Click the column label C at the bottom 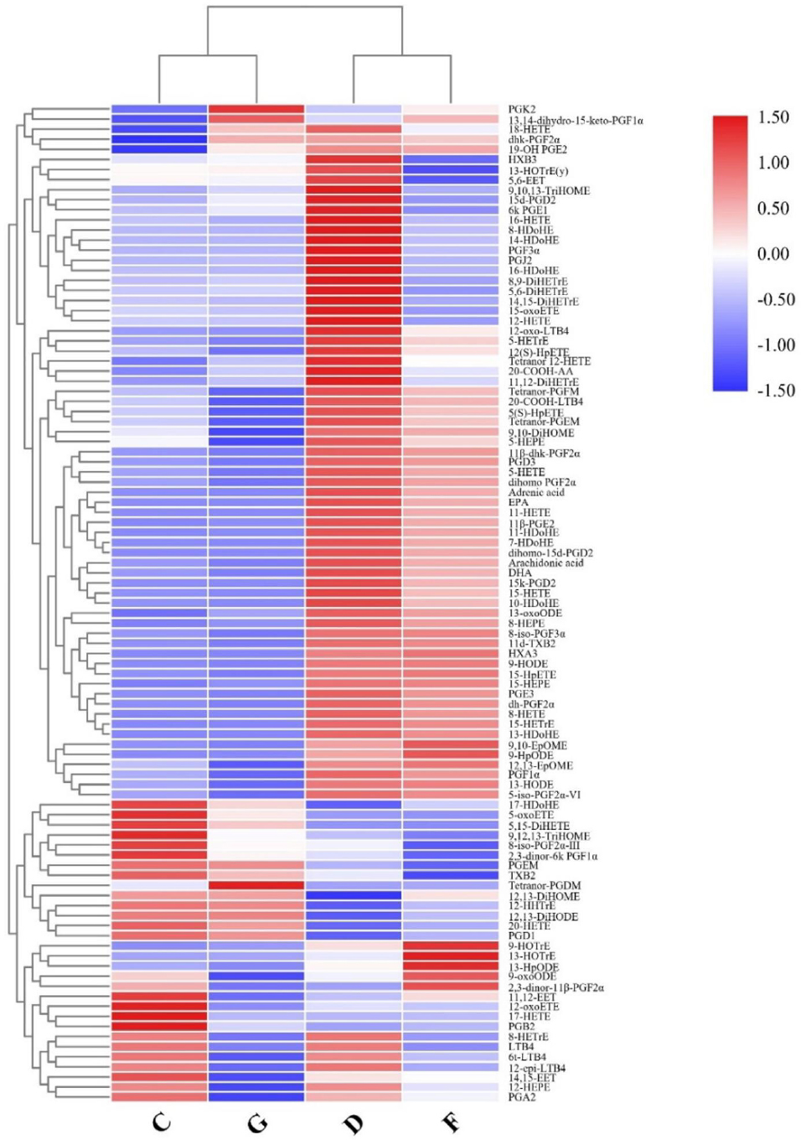tap(161, 1122)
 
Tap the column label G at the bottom tap(257, 1122)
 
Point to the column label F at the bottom tap(451, 1122)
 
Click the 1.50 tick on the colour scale tap(773, 117)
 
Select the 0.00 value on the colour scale tap(773, 254)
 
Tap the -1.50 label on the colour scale tap(775, 391)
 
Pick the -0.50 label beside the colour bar tap(775, 300)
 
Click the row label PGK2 tap(521, 110)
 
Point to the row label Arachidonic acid tap(545, 563)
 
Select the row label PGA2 tap(521, 1097)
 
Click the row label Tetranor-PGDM tap(544, 886)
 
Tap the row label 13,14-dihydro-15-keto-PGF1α tap(575, 121)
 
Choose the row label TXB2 tap(521, 876)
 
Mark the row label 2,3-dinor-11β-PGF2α tap(556, 987)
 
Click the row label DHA tap(519, 573)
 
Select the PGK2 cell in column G tap(256, 110)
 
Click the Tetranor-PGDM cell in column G tap(256, 886)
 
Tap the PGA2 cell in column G tap(256, 1097)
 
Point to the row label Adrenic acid tap(536, 493)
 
